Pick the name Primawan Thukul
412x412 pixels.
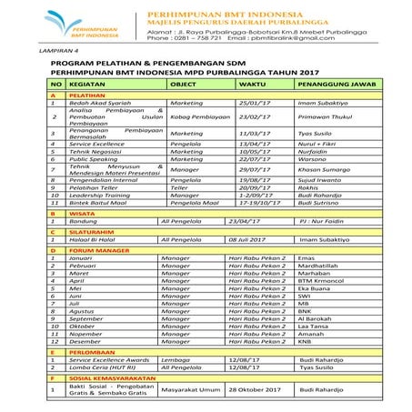[x=327, y=117]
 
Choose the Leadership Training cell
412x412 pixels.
[x=104, y=195]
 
